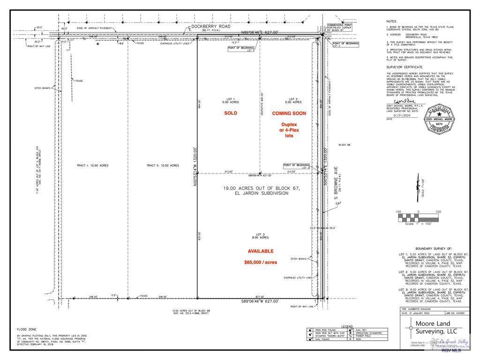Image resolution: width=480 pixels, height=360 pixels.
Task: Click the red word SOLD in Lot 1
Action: pos(230,113)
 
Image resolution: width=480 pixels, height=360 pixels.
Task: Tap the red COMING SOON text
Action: pos(289,113)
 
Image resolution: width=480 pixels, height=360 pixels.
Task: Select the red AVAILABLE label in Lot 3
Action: pos(260,251)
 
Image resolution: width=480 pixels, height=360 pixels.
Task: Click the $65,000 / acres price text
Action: pos(260,262)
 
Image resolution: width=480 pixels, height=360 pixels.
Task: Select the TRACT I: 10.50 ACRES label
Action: pos(92,165)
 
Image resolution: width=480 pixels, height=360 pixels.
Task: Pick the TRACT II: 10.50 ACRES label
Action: pos(162,165)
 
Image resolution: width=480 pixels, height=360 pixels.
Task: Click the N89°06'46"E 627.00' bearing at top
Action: pos(260,32)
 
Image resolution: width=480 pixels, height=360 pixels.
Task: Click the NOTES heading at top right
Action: pos(391,22)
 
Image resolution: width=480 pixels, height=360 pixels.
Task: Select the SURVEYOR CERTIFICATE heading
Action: pos(402,67)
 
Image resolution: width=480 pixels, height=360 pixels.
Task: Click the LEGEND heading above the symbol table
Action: pos(347,325)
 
